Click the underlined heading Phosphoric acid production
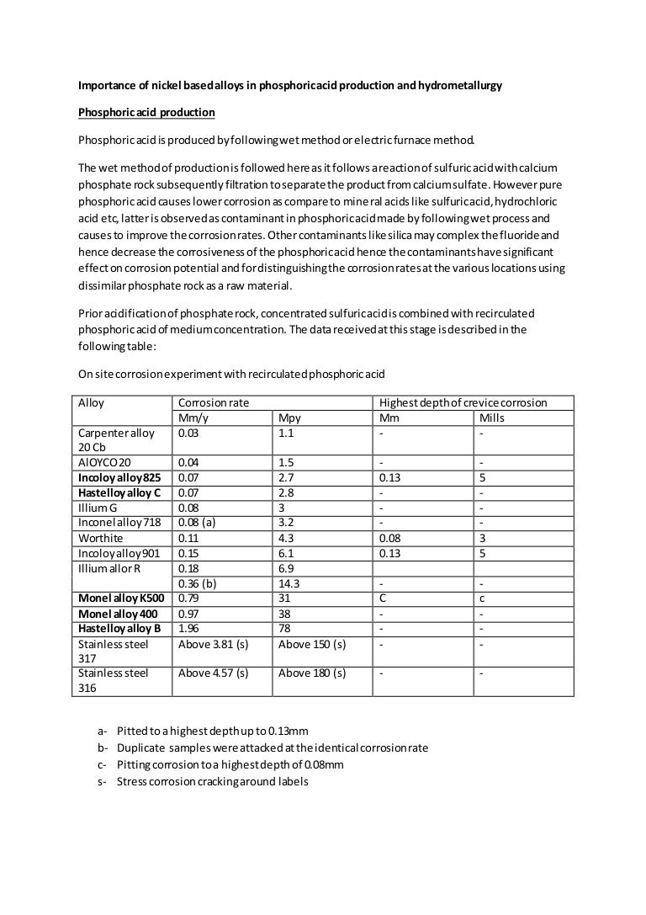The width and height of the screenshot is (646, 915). click(x=146, y=112)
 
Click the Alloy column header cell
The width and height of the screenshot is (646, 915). click(x=91, y=402)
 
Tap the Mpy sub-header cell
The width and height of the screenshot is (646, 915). click(x=289, y=418)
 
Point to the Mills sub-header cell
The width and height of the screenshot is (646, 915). click(x=492, y=418)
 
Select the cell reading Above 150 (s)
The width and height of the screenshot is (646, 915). click(x=312, y=645)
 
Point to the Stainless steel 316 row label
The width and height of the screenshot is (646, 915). click(x=113, y=680)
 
